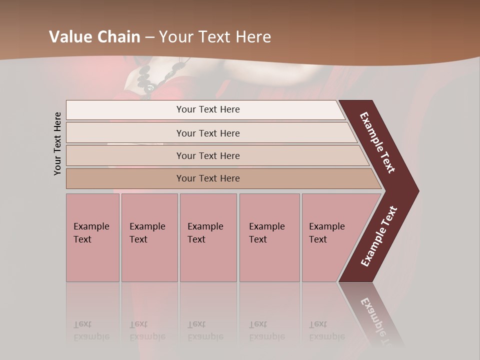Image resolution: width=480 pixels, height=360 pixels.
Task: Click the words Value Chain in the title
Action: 94,37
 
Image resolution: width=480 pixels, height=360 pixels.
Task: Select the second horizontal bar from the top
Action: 207,133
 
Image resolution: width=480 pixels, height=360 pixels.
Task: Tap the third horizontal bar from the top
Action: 207,155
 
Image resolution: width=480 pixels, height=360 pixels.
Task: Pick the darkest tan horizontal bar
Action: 207,178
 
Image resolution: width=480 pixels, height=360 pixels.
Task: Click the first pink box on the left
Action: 92,237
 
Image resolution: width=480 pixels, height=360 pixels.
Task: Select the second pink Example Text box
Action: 149,237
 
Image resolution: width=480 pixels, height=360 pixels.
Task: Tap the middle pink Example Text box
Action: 208,237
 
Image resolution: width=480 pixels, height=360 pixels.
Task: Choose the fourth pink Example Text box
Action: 269,237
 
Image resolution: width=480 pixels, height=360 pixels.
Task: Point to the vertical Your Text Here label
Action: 57,144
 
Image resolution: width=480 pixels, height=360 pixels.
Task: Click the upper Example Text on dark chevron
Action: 377,142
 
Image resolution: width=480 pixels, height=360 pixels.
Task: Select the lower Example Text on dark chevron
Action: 379,236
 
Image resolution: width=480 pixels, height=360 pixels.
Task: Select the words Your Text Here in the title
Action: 215,37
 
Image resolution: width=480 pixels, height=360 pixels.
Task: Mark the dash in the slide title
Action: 149,37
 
